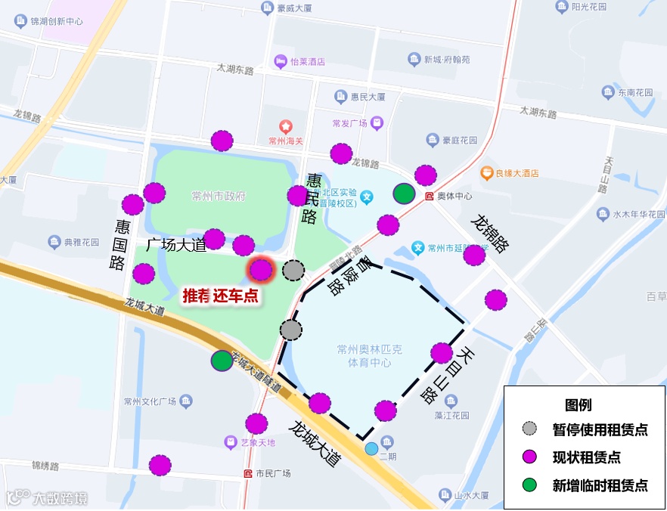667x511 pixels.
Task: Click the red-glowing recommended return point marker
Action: click(x=261, y=270)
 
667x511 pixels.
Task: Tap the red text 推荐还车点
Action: click(x=220, y=296)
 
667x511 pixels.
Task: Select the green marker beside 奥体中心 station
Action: click(x=405, y=194)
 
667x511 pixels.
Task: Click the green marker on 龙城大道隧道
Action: click(x=222, y=361)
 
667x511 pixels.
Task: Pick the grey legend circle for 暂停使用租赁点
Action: click(x=530, y=429)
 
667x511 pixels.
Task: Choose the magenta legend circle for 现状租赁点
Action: click(x=530, y=457)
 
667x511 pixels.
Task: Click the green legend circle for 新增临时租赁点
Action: click(x=530, y=485)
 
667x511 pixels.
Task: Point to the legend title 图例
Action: click(x=578, y=404)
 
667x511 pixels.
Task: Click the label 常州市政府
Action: click(x=219, y=197)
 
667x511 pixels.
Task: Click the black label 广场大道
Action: click(x=175, y=244)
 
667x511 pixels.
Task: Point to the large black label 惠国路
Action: click(x=119, y=244)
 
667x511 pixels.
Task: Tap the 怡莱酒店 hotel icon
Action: click(x=280, y=61)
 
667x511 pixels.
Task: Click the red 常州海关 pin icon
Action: click(x=286, y=125)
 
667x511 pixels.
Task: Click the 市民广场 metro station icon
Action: click(x=248, y=474)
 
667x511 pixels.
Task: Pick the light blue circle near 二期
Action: click(x=371, y=448)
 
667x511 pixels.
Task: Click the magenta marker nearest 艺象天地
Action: click(x=256, y=423)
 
